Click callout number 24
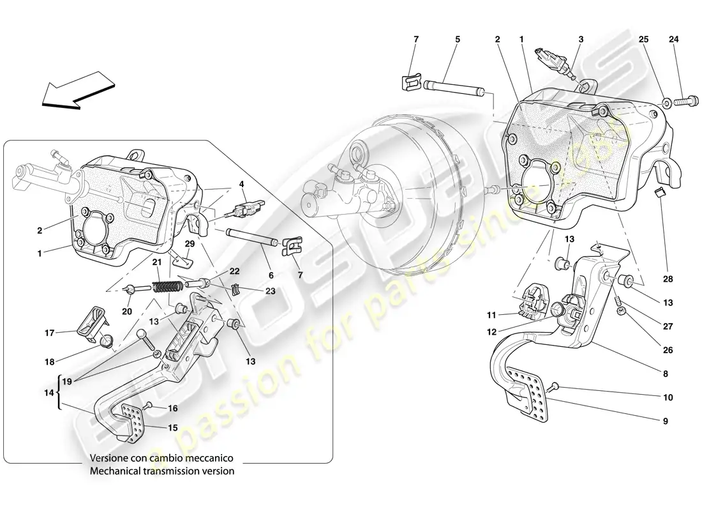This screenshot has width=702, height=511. click(675, 40)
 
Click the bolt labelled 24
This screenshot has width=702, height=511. click(687, 100)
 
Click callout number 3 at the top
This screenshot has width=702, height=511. click(580, 40)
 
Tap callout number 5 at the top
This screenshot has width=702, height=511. click(457, 40)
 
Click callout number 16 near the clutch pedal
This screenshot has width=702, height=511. click(172, 408)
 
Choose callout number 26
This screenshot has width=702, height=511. click(668, 350)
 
